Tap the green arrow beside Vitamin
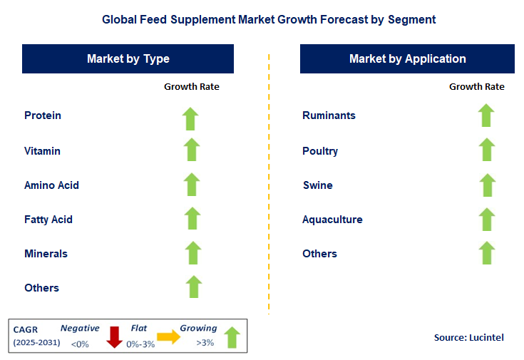[191, 150]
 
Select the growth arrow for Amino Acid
[191, 185]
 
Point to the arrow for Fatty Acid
[192, 219]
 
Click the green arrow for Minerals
[192, 253]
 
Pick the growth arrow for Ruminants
[486, 115]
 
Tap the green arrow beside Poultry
[486, 150]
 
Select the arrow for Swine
[487, 185]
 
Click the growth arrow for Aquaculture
[487, 219]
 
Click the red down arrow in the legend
[114, 336]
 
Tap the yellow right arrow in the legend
[169, 337]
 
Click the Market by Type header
[128, 59]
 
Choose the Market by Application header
[408, 59]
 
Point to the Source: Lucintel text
[468, 337]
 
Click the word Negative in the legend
[80, 328]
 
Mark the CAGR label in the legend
[26, 329]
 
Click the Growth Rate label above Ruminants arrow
[476, 87]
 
